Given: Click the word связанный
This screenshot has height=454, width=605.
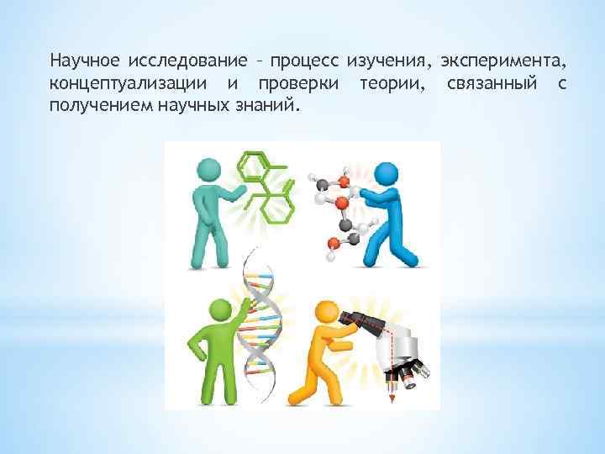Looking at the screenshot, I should (x=493, y=85).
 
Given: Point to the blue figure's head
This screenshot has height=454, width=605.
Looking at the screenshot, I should (x=387, y=175).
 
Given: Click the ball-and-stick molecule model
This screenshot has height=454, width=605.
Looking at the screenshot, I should (x=335, y=209).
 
